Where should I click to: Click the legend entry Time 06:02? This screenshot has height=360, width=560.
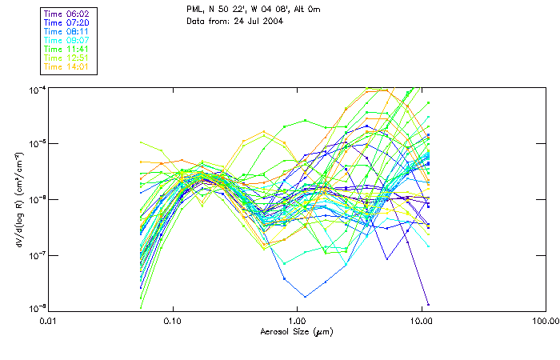click(65, 14)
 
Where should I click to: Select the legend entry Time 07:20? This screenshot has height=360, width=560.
click(65, 22)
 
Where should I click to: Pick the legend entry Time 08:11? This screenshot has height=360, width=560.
click(65, 31)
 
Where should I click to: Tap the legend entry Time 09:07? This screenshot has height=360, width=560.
click(65, 40)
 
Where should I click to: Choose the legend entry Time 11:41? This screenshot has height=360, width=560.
click(65, 49)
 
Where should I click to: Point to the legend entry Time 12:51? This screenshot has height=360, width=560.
click(65, 58)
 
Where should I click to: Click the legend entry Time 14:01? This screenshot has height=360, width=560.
click(65, 66)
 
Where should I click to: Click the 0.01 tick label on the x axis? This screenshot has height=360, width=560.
click(48, 320)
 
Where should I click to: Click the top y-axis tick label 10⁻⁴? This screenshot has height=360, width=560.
click(37, 90)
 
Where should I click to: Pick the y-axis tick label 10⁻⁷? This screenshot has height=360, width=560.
click(37, 254)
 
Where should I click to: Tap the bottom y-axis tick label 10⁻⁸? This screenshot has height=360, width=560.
click(37, 307)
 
